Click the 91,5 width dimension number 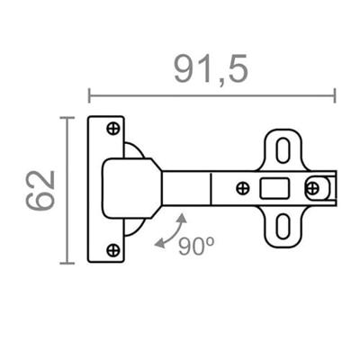click(x=211, y=69)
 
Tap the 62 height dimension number click(x=40, y=190)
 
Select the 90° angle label click(x=196, y=247)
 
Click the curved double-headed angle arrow click(x=171, y=231)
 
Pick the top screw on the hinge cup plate click(x=113, y=129)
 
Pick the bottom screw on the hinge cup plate click(x=113, y=249)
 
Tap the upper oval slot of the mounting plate click(x=283, y=150)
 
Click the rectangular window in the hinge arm click(x=274, y=188)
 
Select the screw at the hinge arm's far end click(x=312, y=188)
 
